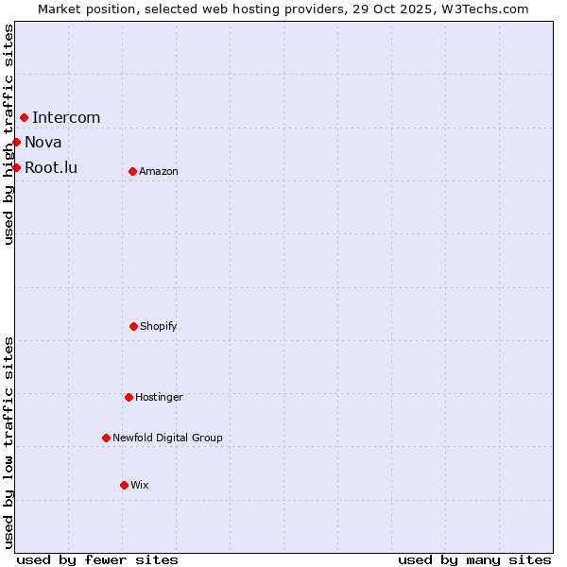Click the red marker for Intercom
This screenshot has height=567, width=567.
point(24,117)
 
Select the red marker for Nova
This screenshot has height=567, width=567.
point(16,142)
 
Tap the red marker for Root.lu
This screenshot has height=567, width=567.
point(16,167)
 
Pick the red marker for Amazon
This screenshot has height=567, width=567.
point(132,171)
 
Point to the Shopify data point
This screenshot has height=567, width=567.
point(133,326)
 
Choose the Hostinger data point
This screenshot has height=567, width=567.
point(129,397)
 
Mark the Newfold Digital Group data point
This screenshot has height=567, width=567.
point(106,438)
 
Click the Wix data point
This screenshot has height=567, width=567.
point(124,485)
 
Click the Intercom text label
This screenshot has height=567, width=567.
point(66,118)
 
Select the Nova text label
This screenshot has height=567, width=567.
point(43,143)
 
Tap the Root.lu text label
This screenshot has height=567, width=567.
point(51,168)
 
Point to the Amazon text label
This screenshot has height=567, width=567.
point(159,172)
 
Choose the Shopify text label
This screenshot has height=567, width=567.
point(159,327)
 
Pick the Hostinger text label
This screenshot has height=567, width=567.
point(159,398)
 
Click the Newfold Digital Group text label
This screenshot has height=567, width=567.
point(167,438)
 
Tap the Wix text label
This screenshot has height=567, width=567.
point(140,486)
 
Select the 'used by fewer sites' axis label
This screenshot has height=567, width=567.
point(97,559)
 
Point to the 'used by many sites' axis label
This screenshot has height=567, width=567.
point(474,559)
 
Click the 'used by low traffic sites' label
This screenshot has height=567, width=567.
point(9,442)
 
